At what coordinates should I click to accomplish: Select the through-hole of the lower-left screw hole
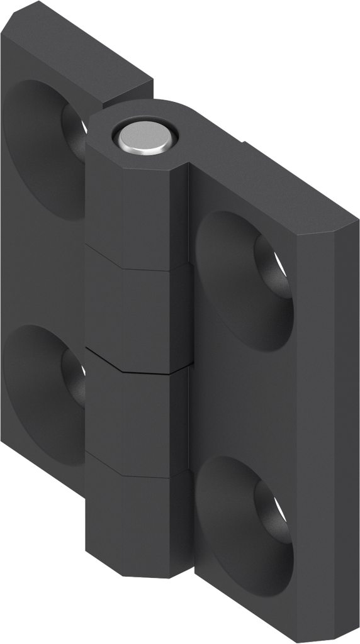[76, 377]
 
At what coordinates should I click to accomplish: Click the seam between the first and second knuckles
[135, 258]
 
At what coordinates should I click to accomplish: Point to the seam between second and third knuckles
[135, 364]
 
